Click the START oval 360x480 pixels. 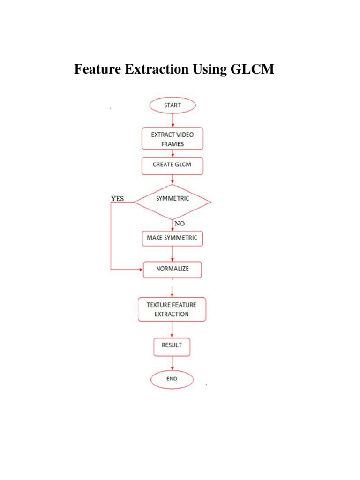[172, 105]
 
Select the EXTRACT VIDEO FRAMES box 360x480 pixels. [172, 139]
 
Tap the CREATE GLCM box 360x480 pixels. [172, 165]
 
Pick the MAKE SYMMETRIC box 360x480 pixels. [172, 238]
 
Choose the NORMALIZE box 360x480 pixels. [172, 270]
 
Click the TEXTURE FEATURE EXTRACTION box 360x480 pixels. [172, 309]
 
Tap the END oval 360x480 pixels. [172, 378]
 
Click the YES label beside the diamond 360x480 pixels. [117, 199]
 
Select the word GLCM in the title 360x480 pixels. [252, 70]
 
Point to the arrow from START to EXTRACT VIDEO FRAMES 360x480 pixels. [173, 120]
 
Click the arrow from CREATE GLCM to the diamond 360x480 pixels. [173, 180]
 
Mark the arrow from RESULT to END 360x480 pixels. [173, 363]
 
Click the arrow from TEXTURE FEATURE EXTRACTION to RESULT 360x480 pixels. [173, 330]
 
